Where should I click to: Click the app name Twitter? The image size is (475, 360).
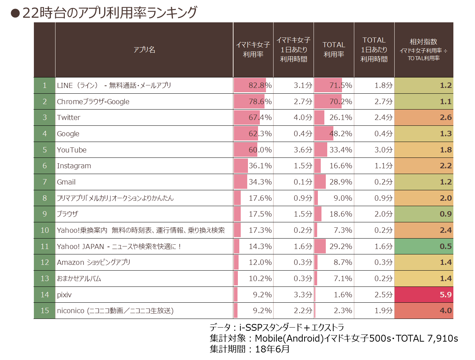[68, 117]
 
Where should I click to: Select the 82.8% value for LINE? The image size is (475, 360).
[260, 85]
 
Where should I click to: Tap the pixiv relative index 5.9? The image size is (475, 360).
[445, 294]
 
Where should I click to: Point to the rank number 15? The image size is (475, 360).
[45, 311]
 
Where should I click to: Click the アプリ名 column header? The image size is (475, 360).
[144, 49]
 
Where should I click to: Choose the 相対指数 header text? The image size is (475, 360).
[423, 41]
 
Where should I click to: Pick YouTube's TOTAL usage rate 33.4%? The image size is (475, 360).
[341, 150]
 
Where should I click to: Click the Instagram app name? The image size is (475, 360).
[74, 166]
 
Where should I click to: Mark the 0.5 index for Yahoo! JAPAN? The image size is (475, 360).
[445, 246]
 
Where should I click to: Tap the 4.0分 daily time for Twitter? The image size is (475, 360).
[303, 117]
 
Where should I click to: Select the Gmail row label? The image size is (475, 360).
[66, 182]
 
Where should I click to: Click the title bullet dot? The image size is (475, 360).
[15, 13]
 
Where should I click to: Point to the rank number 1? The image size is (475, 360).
[45, 85]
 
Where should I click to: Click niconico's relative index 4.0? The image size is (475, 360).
[445, 311]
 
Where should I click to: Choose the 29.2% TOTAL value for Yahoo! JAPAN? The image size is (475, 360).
[341, 246]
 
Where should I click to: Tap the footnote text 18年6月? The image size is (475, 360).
[272, 349]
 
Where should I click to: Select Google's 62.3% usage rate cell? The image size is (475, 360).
[260, 133]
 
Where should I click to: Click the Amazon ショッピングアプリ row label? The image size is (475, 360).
[93, 262]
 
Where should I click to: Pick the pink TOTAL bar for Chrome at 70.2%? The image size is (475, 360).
[328, 102]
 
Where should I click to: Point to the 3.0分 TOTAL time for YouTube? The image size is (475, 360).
[383, 150]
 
